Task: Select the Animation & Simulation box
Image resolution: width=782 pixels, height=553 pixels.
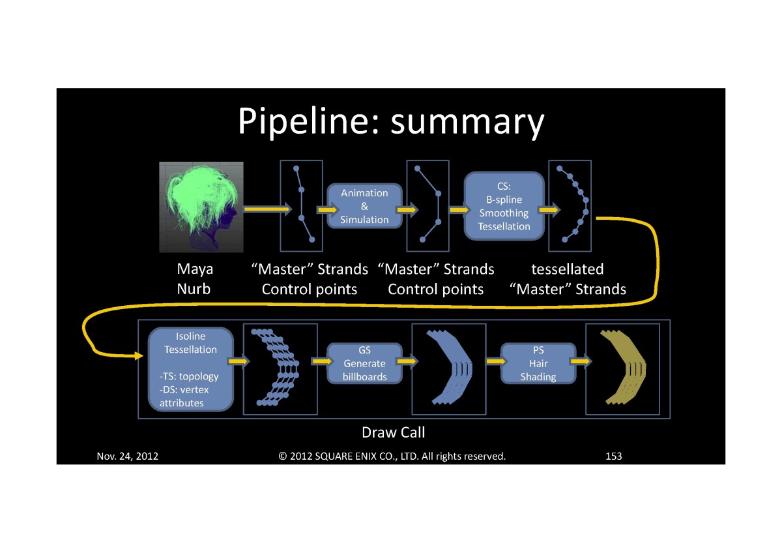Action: [364, 206]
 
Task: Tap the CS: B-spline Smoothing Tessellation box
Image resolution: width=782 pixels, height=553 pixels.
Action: [504, 206]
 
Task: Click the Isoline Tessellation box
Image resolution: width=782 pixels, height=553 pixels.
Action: [190, 369]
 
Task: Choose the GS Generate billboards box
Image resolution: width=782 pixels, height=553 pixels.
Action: [364, 363]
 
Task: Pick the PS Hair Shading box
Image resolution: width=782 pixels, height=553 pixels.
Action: [538, 363]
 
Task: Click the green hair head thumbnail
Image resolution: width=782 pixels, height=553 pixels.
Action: [201, 207]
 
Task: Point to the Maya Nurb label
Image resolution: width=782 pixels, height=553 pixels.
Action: [194, 279]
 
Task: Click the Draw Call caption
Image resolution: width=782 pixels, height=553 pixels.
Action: [393, 432]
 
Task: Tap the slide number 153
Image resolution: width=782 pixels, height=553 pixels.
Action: [613, 456]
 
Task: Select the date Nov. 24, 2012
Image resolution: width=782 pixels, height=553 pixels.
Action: [128, 456]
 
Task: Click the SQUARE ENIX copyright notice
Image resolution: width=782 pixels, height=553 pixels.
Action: [392, 456]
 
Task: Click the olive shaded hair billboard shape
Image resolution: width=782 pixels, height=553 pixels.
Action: [622, 368]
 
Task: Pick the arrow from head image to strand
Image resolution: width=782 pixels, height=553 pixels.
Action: [266, 210]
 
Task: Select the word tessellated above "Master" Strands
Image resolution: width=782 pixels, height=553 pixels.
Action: [567, 269]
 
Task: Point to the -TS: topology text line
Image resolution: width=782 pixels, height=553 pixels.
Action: [189, 376]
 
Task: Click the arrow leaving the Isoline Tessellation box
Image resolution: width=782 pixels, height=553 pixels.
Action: [239, 361]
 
